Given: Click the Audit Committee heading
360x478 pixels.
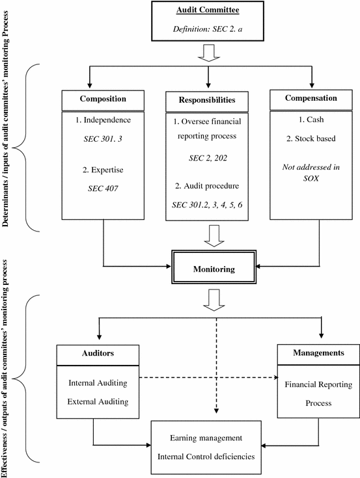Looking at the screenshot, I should click(x=208, y=11).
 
